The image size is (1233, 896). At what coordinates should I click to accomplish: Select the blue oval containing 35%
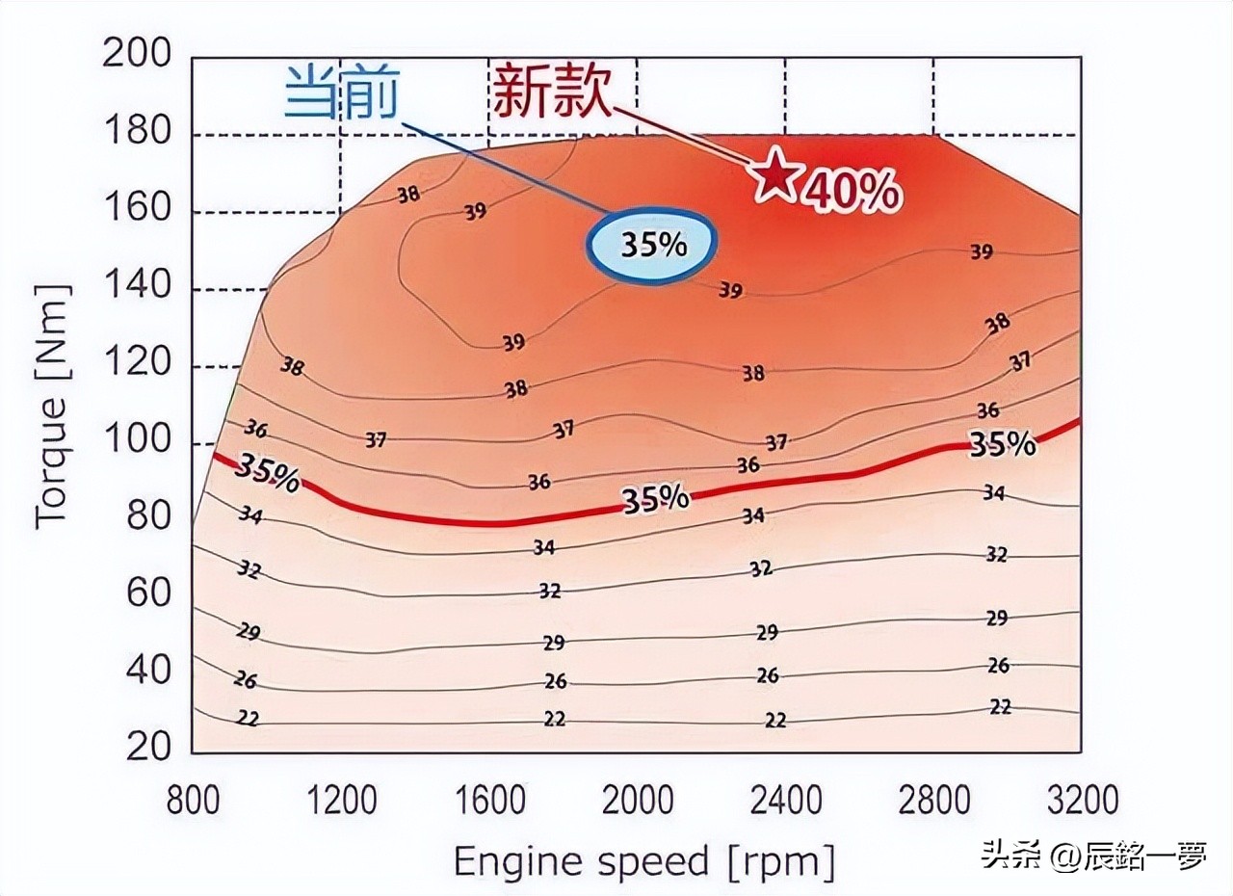coord(652,245)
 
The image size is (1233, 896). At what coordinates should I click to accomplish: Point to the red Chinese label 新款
coord(552,92)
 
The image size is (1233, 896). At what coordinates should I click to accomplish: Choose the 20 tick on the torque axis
coord(148,747)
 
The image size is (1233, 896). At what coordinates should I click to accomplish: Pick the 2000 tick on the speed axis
coord(639,801)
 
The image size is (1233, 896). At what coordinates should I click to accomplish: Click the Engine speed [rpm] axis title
coord(643,860)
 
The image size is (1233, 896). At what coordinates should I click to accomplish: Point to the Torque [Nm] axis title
coord(53,406)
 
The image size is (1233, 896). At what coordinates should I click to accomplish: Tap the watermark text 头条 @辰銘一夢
coord(1093,855)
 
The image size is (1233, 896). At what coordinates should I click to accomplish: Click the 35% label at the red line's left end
coord(267,471)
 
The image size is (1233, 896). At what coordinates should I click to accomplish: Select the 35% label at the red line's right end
coord(1002,444)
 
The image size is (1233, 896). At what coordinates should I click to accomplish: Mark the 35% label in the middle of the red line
coord(655,498)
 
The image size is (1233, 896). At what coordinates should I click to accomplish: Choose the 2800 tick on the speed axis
coord(933,801)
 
